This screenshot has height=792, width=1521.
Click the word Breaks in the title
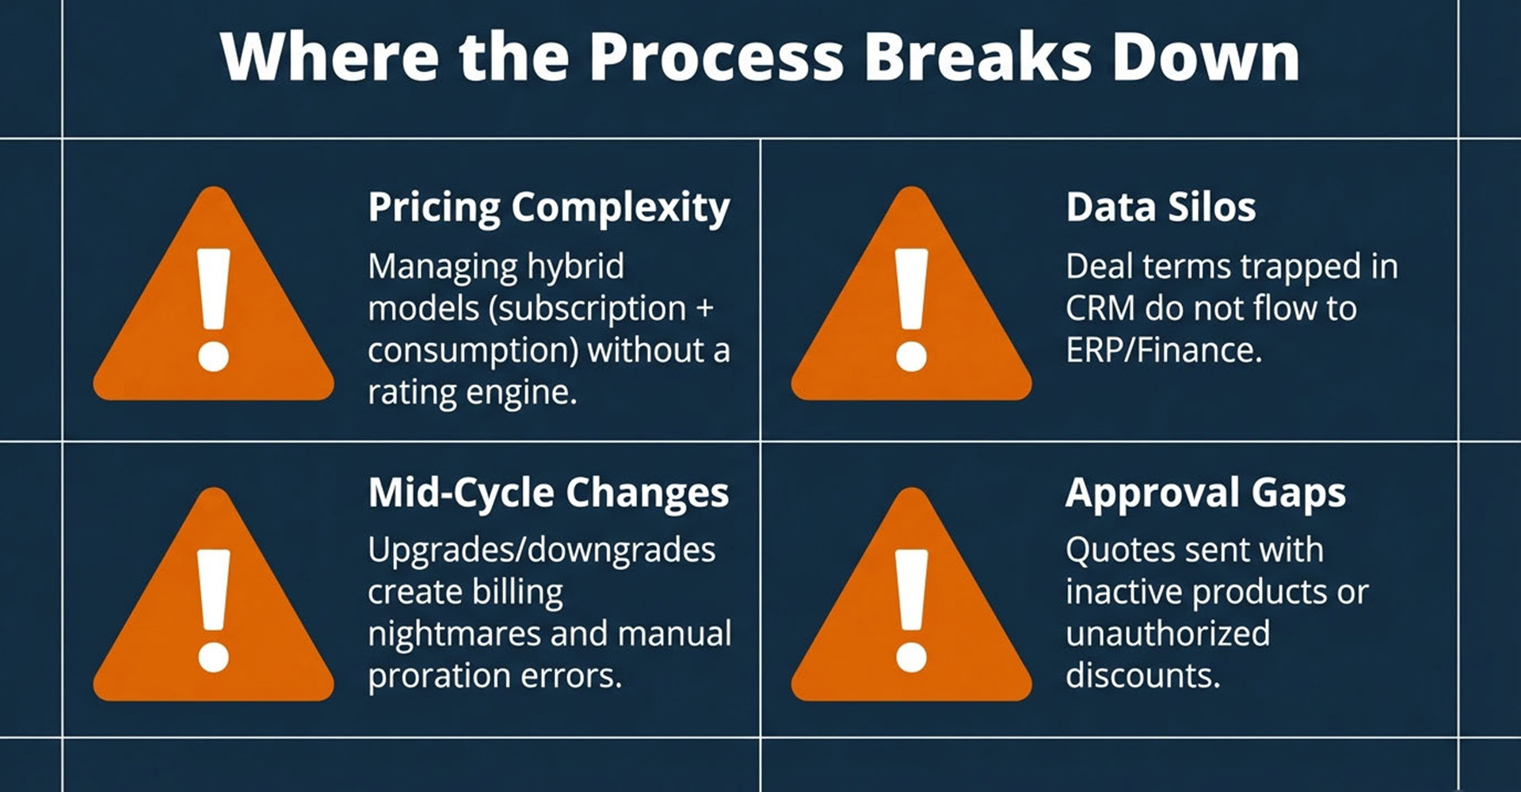click(978, 57)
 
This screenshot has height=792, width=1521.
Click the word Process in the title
click(717, 57)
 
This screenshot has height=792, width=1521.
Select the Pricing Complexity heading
click(549, 208)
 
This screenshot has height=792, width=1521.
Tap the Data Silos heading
click(1161, 208)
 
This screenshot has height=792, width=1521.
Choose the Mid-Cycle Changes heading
click(548, 493)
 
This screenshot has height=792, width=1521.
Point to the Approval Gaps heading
click(1206, 493)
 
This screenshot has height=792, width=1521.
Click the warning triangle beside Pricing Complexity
click(213, 294)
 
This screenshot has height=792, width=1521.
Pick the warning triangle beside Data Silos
click(911, 294)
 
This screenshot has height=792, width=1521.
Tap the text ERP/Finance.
click(1164, 350)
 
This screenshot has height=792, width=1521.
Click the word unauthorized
click(1168, 634)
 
